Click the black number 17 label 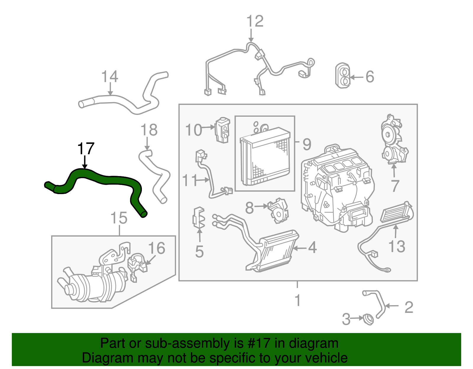pyautogui.click(x=85, y=149)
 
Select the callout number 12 pyautogui.click(x=255, y=21)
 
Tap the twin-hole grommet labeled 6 pyautogui.click(x=343, y=75)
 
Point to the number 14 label pyautogui.click(x=110, y=77)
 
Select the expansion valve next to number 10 pyautogui.click(x=223, y=130)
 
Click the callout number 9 pyautogui.click(x=307, y=144)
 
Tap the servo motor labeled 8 pyautogui.click(x=278, y=211)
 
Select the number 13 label pyautogui.click(x=396, y=246)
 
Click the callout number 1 pyautogui.click(x=298, y=300)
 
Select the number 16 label pyautogui.click(x=157, y=248)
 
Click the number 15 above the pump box pyautogui.click(x=119, y=218)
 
